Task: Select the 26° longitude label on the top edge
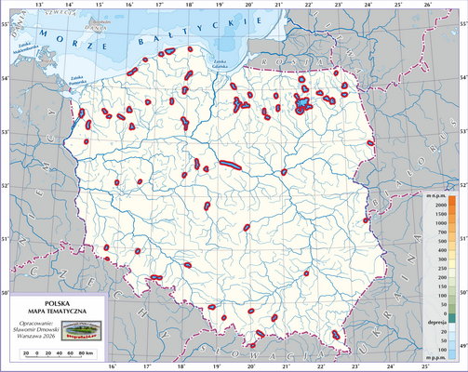point(426,6)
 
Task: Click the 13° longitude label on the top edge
point(38,6)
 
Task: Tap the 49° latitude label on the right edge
point(462,346)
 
